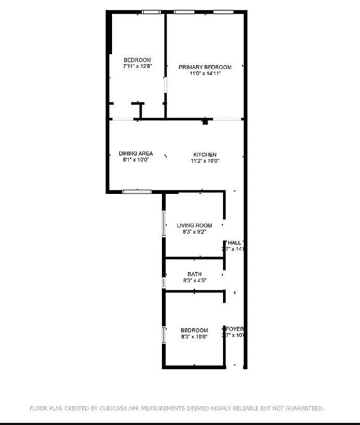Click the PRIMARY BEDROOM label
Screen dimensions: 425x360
pos(205,67)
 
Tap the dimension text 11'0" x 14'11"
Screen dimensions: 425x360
pos(205,74)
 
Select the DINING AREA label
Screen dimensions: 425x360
pos(136,154)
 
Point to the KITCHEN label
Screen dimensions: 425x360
pos(204,155)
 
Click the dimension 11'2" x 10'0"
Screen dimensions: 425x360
pos(205,161)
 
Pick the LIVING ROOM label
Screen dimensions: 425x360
pos(194,225)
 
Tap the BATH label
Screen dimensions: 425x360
pos(194,274)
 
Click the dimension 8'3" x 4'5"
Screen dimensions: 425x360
pos(194,280)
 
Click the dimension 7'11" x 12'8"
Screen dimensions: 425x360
pos(138,67)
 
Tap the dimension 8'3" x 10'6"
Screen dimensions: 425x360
pos(194,336)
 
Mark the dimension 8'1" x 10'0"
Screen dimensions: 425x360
pos(136,160)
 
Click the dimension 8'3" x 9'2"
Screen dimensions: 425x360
pos(194,232)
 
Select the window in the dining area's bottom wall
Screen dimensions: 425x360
pos(137,191)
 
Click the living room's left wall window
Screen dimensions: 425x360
pos(164,224)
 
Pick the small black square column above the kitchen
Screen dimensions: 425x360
pos(205,122)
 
